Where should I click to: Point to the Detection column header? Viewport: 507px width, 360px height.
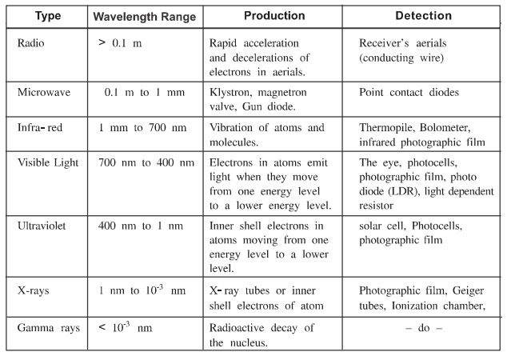coord(423,16)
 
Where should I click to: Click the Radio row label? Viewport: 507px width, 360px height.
coord(31,42)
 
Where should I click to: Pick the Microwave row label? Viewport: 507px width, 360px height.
coord(43,92)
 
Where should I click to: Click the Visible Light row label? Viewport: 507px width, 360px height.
coord(48,163)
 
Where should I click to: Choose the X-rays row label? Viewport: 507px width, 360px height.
coord(34,290)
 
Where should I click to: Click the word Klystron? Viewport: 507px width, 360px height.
coord(229,92)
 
